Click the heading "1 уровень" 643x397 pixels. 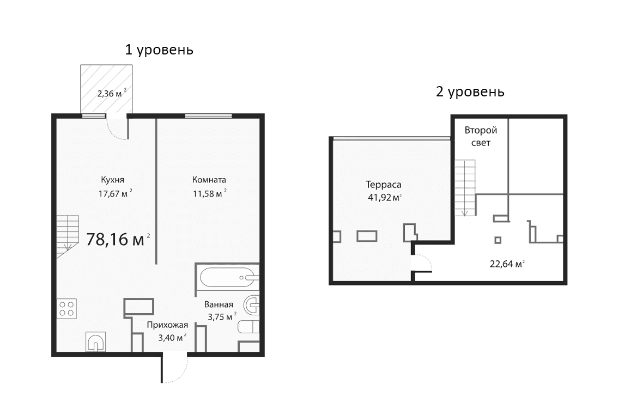159,50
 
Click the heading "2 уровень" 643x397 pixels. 470,91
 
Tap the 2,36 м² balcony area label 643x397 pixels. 111,93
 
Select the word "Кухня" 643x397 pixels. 113,180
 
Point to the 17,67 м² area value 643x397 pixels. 115,193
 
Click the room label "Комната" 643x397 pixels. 209,180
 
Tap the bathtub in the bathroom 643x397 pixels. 227,277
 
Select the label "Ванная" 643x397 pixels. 219,304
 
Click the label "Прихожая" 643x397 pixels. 167,325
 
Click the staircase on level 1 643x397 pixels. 67,234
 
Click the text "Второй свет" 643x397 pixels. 480,137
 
